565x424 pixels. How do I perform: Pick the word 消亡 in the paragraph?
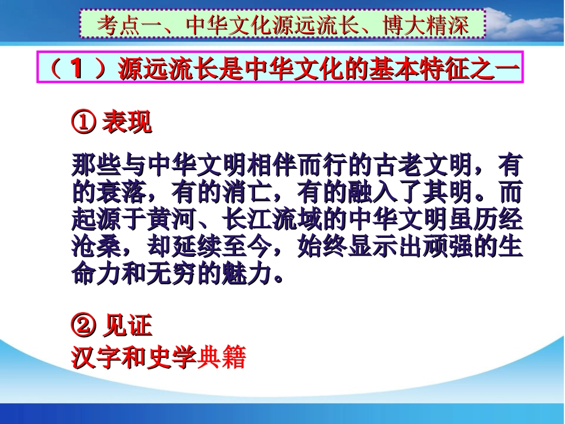tap(246, 193)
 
